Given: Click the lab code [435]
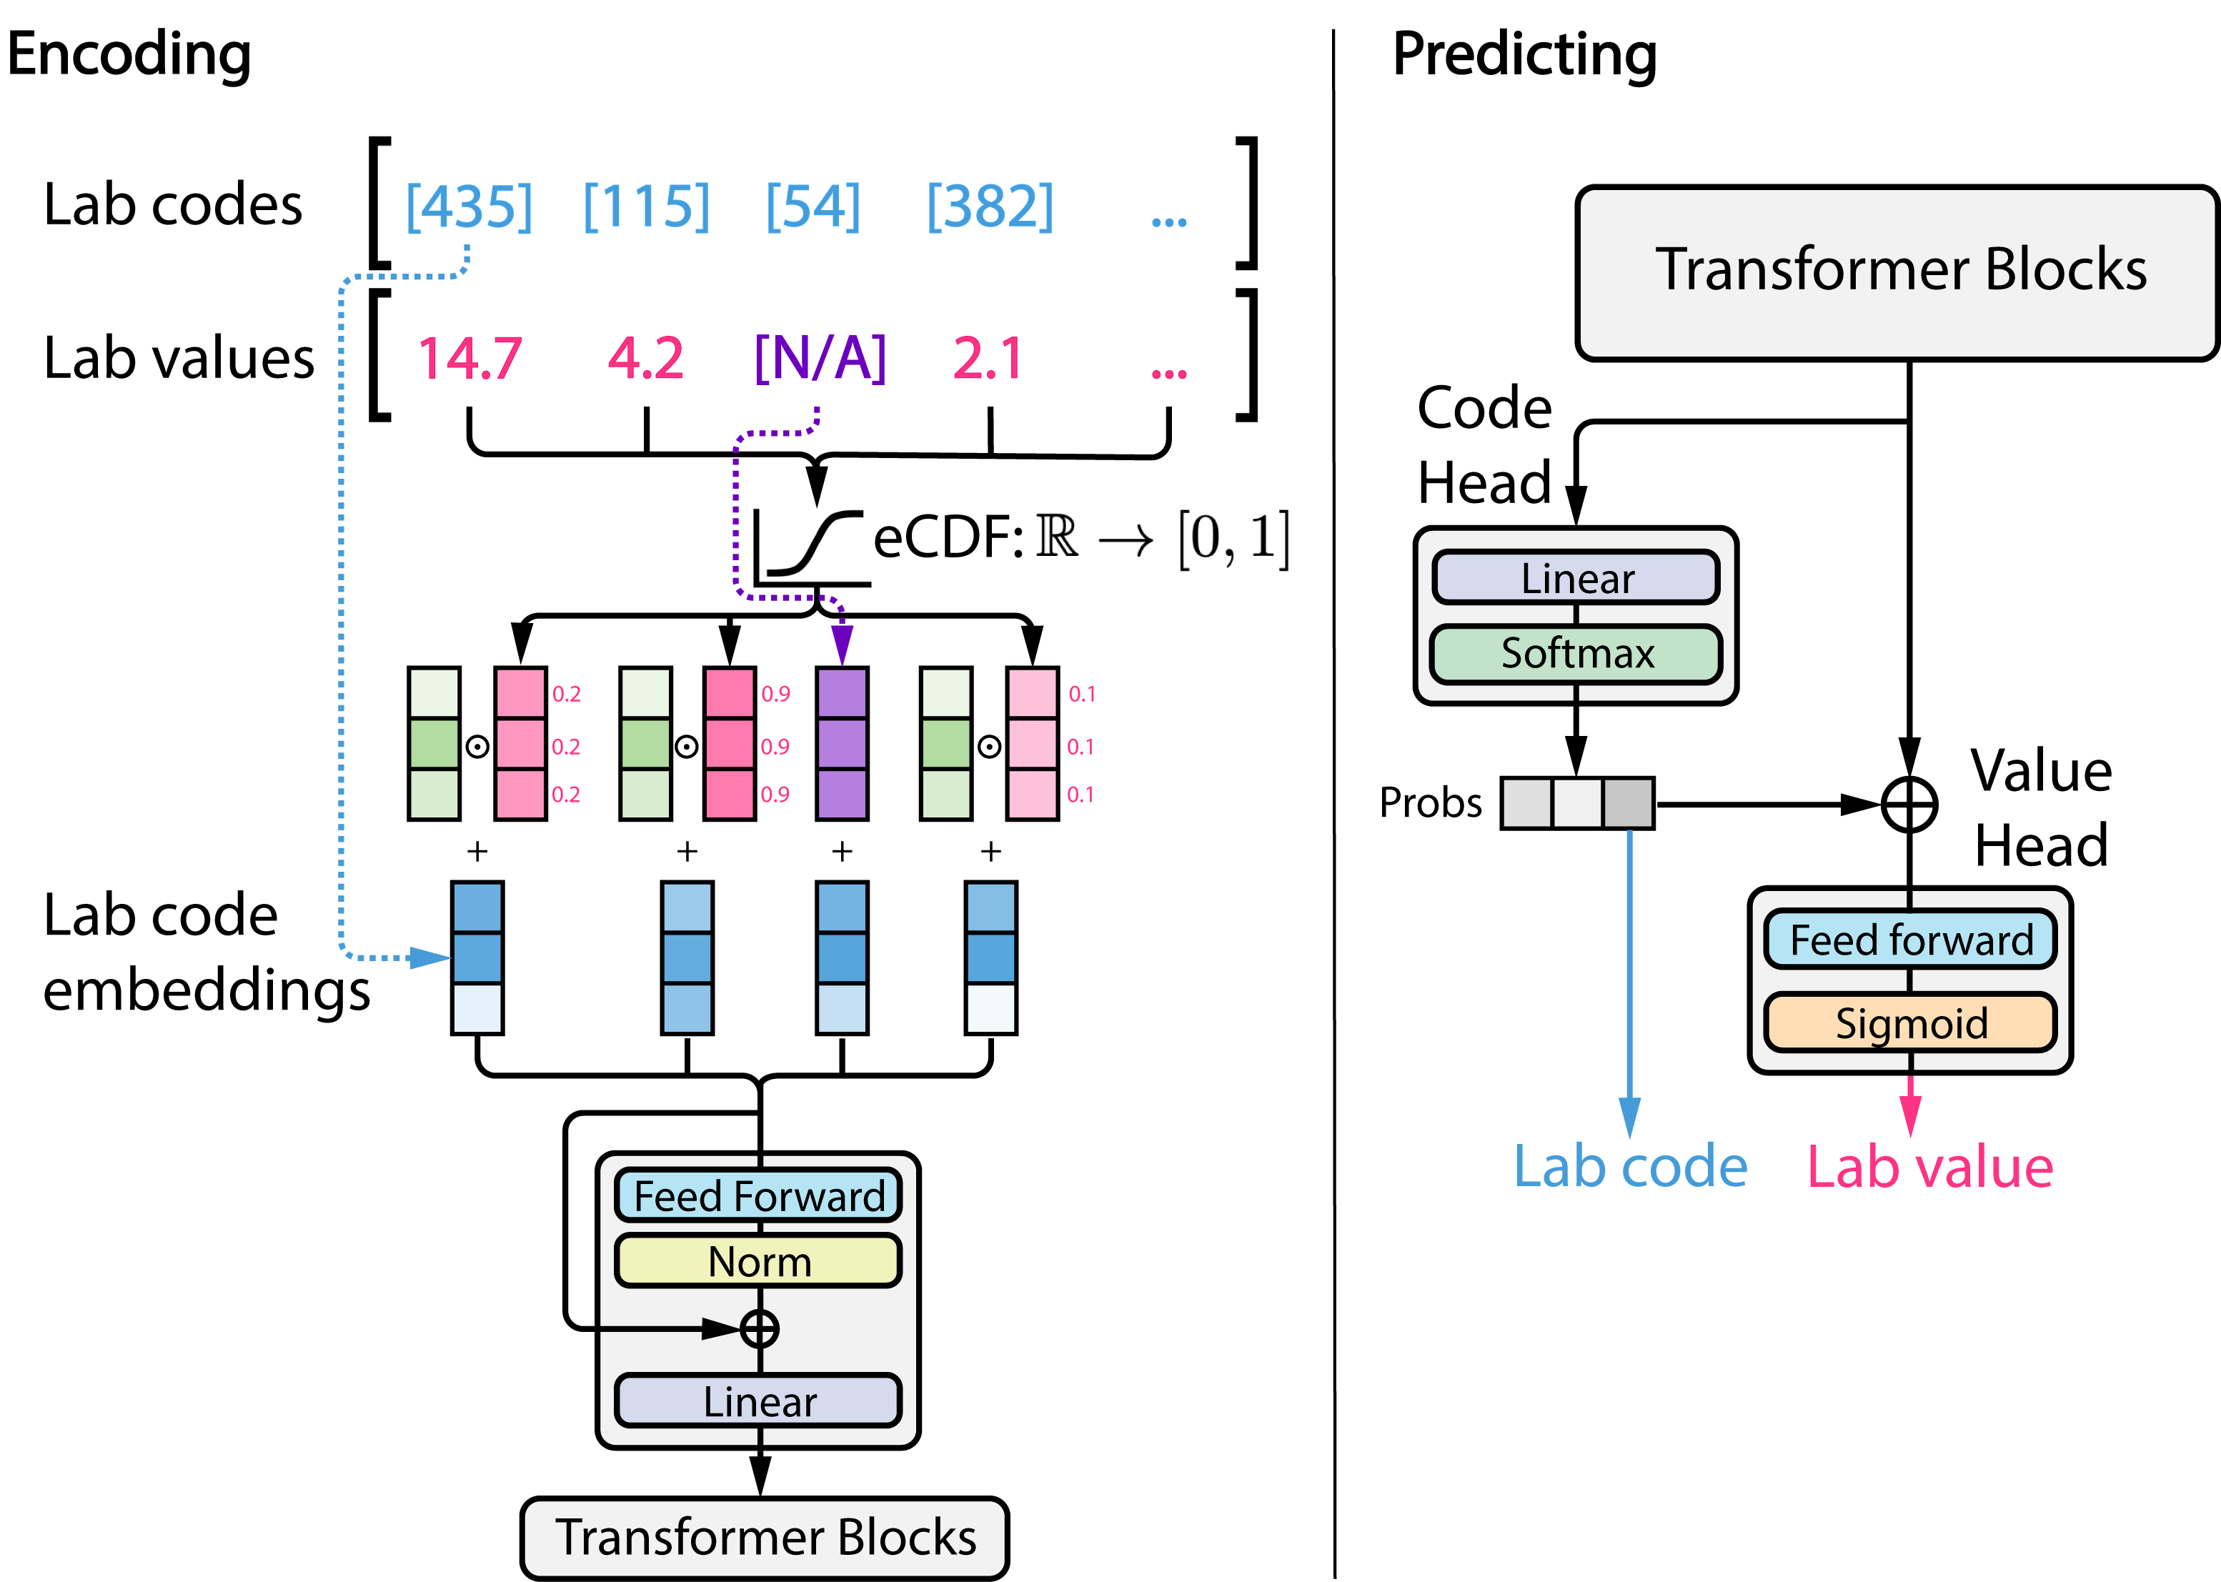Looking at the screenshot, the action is [x=469, y=207].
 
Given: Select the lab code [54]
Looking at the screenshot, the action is [x=813, y=207].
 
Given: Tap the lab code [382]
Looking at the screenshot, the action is [x=990, y=207].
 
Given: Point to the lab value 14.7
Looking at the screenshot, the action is [x=469, y=359].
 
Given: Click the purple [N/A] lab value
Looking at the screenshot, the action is [x=820, y=359].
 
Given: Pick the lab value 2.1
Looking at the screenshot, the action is [x=988, y=359].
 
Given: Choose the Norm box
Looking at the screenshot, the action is [x=759, y=1261].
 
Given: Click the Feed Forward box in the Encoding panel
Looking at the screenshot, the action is [x=759, y=1196].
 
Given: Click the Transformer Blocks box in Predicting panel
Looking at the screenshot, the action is [x=1897, y=273].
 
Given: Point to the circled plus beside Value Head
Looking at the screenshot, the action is [x=1909, y=805].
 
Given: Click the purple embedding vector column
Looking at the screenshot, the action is [x=842, y=745].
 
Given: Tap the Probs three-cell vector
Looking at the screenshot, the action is [x=1577, y=804].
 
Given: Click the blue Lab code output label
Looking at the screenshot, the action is [x=1631, y=1167].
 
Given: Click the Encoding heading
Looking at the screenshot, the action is [x=129, y=56].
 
